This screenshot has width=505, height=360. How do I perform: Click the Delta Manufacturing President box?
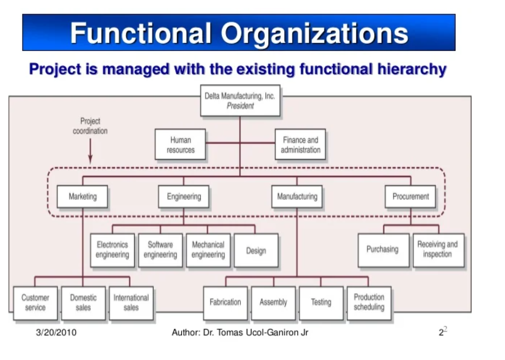[x=240, y=101]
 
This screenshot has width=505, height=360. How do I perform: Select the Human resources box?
[x=180, y=145]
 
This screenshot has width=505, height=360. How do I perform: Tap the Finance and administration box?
[x=300, y=145]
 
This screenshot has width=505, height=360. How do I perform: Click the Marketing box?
[x=82, y=197]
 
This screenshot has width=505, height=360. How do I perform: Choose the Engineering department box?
[x=184, y=197]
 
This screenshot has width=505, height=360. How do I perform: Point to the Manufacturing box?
[x=297, y=197]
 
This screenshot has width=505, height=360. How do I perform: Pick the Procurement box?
[x=410, y=197]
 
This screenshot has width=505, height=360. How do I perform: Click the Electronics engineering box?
[x=112, y=250]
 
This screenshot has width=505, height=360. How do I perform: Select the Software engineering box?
[x=160, y=250]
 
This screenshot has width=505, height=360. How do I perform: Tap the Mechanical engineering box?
[x=208, y=250]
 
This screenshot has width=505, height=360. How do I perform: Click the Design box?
[x=256, y=250]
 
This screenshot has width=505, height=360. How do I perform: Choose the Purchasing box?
[x=383, y=250]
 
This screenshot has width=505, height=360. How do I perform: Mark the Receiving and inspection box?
[x=438, y=250]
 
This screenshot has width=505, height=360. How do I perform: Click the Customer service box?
[x=35, y=303]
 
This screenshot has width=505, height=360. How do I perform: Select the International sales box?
[x=131, y=303]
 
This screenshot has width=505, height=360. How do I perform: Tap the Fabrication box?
[x=225, y=303]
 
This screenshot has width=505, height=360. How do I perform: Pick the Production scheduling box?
[x=369, y=302]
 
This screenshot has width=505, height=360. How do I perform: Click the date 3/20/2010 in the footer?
[x=56, y=332]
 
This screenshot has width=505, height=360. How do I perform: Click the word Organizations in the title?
[x=314, y=33]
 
